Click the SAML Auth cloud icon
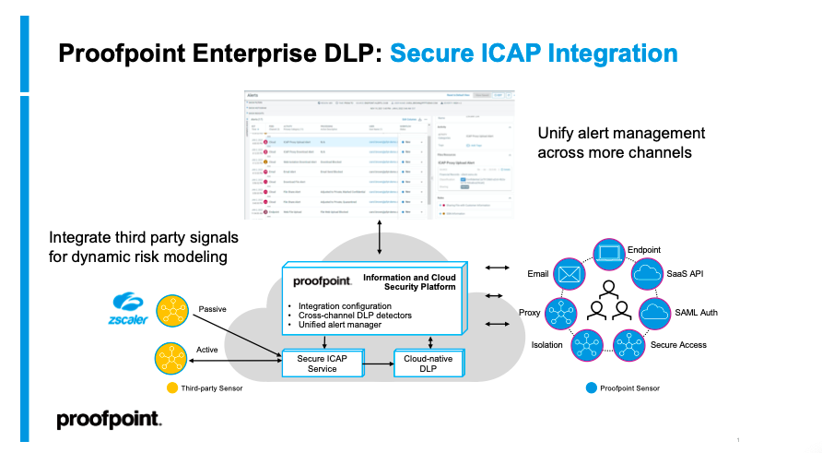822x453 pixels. [x=657, y=312]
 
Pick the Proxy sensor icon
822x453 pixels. [x=561, y=313]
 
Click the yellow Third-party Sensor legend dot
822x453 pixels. [x=172, y=388]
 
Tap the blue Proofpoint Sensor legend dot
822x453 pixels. [x=591, y=388]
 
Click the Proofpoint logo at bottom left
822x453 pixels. [x=109, y=421]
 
